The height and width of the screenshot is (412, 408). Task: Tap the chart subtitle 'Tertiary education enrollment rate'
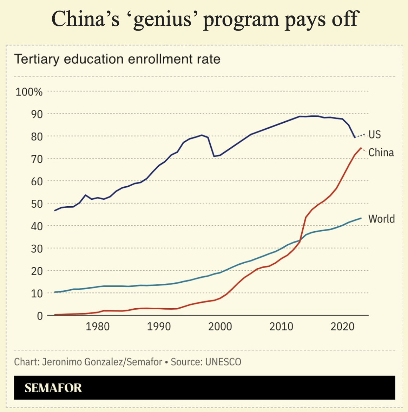(x=117, y=59)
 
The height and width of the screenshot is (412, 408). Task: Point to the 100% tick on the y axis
(x=29, y=92)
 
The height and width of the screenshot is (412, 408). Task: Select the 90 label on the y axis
(x=35, y=114)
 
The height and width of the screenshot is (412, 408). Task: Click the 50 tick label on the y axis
(x=35, y=204)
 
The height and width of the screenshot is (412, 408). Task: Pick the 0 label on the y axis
(x=40, y=316)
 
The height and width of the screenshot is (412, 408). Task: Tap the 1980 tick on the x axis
(x=98, y=327)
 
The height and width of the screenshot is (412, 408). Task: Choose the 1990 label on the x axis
(x=159, y=327)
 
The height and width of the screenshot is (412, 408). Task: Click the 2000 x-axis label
(x=220, y=327)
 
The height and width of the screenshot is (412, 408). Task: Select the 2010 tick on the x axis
(x=281, y=327)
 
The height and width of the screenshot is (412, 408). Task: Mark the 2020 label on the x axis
(x=342, y=327)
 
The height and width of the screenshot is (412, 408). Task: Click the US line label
(x=375, y=135)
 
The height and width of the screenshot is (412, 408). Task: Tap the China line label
(x=381, y=153)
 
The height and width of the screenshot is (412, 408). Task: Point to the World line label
(x=381, y=219)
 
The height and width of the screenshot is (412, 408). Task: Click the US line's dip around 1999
(x=214, y=156)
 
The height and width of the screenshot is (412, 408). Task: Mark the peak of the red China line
(x=361, y=148)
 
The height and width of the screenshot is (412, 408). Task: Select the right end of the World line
(x=361, y=218)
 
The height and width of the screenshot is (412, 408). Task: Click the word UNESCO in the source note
(x=223, y=362)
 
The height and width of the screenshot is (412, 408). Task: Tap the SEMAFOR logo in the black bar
(x=53, y=388)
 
